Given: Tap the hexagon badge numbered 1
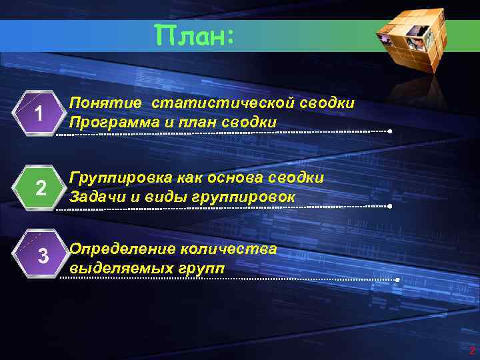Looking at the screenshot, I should pos(40,114).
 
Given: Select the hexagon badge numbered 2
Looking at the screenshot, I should pos(40,189).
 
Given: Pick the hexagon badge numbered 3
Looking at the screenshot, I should pos(42,255).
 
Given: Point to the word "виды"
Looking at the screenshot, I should pos(159,197).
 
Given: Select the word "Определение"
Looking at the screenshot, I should pos(121,249).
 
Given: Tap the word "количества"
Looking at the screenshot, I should pos(227,249).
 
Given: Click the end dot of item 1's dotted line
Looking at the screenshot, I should pos(390,131).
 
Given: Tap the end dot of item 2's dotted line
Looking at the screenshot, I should pos(390,207).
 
